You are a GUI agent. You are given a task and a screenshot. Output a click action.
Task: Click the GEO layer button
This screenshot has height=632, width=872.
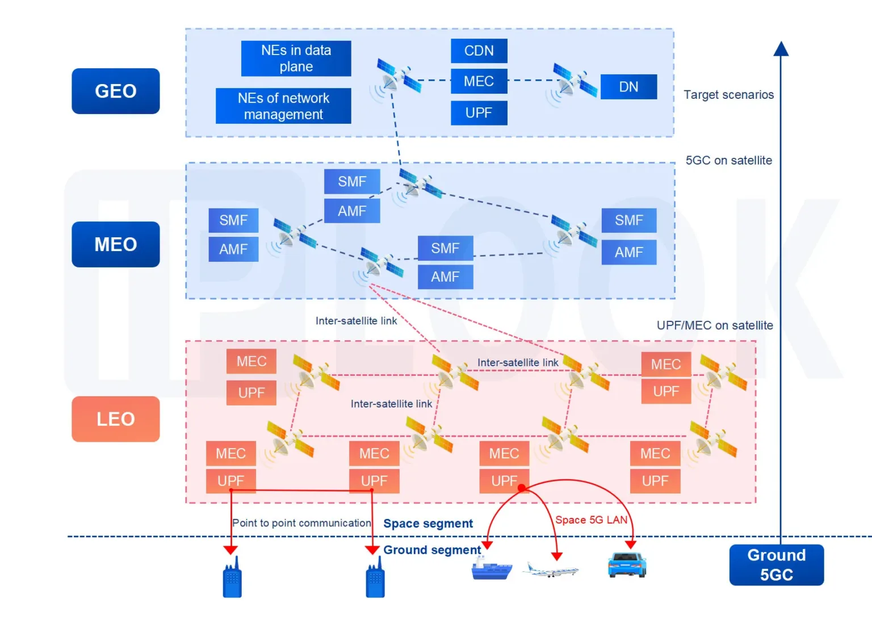pyautogui.click(x=115, y=91)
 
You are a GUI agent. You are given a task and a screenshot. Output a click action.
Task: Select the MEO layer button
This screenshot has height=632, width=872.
pyautogui.click(x=115, y=244)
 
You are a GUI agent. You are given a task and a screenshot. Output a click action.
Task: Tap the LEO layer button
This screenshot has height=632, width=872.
pyautogui.click(x=115, y=419)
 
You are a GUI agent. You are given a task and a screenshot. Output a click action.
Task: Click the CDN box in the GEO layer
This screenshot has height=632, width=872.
pyautogui.click(x=479, y=51)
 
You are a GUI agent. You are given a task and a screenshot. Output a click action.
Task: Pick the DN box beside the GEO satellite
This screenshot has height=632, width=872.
pyautogui.click(x=628, y=87)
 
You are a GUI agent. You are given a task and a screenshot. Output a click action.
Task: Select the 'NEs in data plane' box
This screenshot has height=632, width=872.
pyautogui.click(x=296, y=58)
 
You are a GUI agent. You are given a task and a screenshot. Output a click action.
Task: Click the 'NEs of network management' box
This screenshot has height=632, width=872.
pyautogui.click(x=283, y=106)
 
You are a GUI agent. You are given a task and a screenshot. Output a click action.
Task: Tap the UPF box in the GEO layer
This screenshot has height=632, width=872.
pyautogui.click(x=479, y=113)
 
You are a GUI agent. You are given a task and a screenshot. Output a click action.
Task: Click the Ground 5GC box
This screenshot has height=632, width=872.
pyautogui.click(x=776, y=565)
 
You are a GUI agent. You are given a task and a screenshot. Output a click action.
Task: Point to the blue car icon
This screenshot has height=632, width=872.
pyautogui.click(x=627, y=565)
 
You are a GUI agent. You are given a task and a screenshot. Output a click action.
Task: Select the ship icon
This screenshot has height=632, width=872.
pyautogui.click(x=491, y=569)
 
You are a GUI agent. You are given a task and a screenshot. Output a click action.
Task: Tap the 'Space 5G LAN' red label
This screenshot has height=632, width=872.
pyautogui.click(x=591, y=520)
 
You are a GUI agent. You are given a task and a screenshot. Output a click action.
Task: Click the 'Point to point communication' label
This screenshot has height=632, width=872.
pyautogui.click(x=301, y=523)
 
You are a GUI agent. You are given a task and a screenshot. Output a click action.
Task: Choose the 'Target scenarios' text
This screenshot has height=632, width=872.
pyautogui.click(x=728, y=95)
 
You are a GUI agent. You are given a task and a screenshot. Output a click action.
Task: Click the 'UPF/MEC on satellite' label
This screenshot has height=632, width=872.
pyautogui.click(x=715, y=325)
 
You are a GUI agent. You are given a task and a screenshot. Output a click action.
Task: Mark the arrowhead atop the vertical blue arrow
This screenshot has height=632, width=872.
pyautogui.click(x=781, y=49)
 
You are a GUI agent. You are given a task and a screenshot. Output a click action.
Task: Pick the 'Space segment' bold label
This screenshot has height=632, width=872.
pyautogui.click(x=428, y=524)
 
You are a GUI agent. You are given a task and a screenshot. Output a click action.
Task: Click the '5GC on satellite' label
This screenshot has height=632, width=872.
pyautogui.click(x=728, y=161)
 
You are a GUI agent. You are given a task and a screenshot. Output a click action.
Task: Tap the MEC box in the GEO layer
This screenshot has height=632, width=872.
pyautogui.click(x=479, y=82)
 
